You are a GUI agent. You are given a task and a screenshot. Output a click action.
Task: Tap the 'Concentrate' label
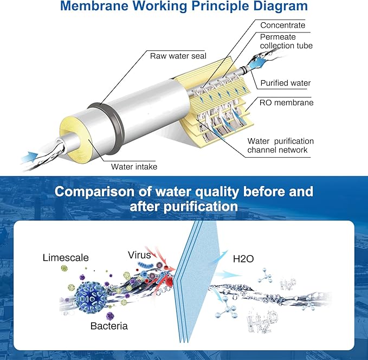(282, 25)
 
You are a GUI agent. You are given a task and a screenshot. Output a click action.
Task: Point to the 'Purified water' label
(285, 83)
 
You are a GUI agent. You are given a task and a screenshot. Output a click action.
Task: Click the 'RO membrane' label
(286, 102)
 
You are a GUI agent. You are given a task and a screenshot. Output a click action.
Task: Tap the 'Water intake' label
(134, 166)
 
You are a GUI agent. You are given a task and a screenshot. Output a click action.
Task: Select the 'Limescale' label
(66, 257)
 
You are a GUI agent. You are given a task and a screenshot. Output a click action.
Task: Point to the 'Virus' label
(139, 254)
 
